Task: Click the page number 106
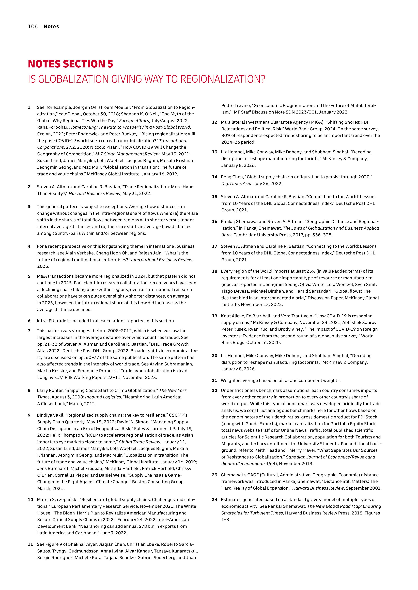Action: (x=33, y=26)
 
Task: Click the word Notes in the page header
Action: (x=51, y=26)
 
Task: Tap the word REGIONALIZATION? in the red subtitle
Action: (x=223, y=79)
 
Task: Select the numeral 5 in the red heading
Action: (x=110, y=64)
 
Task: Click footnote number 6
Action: (x=29, y=321)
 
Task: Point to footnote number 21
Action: (x=214, y=380)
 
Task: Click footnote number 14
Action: (x=214, y=177)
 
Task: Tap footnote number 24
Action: (x=214, y=500)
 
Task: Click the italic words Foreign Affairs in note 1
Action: (x=134, y=121)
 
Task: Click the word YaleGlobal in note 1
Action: (x=69, y=114)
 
